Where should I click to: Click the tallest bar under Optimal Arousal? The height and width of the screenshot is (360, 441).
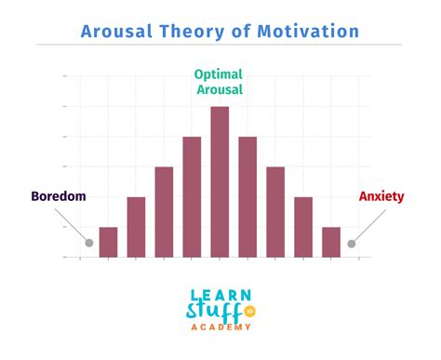pyautogui.click(x=220, y=181)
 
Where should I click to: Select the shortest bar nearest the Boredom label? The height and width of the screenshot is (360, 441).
pyautogui.click(x=108, y=241)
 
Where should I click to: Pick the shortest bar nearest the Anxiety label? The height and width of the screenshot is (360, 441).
pyautogui.click(x=331, y=241)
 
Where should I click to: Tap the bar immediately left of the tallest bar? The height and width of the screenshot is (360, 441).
pyautogui.click(x=192, y=196)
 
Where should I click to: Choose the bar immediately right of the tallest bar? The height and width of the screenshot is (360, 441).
pyautogui.click(x=247, y=196)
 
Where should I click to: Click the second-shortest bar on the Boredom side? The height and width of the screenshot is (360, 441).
pyautogui.click(x=136, y=226)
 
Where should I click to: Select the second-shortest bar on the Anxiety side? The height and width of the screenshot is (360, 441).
pyautogui.click(x=303, y=226)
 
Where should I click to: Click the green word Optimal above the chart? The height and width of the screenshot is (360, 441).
pyautogui.click(x=220, y=73)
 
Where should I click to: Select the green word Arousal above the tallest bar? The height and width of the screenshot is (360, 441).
pyautogui.click(x=220, y=89)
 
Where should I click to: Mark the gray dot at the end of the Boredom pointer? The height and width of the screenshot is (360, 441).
pyautogui.click(x=89, y=244)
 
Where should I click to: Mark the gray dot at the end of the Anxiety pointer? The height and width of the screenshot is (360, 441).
pyautogui.click(x=352, y=244)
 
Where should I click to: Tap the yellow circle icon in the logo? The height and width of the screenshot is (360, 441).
pyautogui.click(x=249, y=310)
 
